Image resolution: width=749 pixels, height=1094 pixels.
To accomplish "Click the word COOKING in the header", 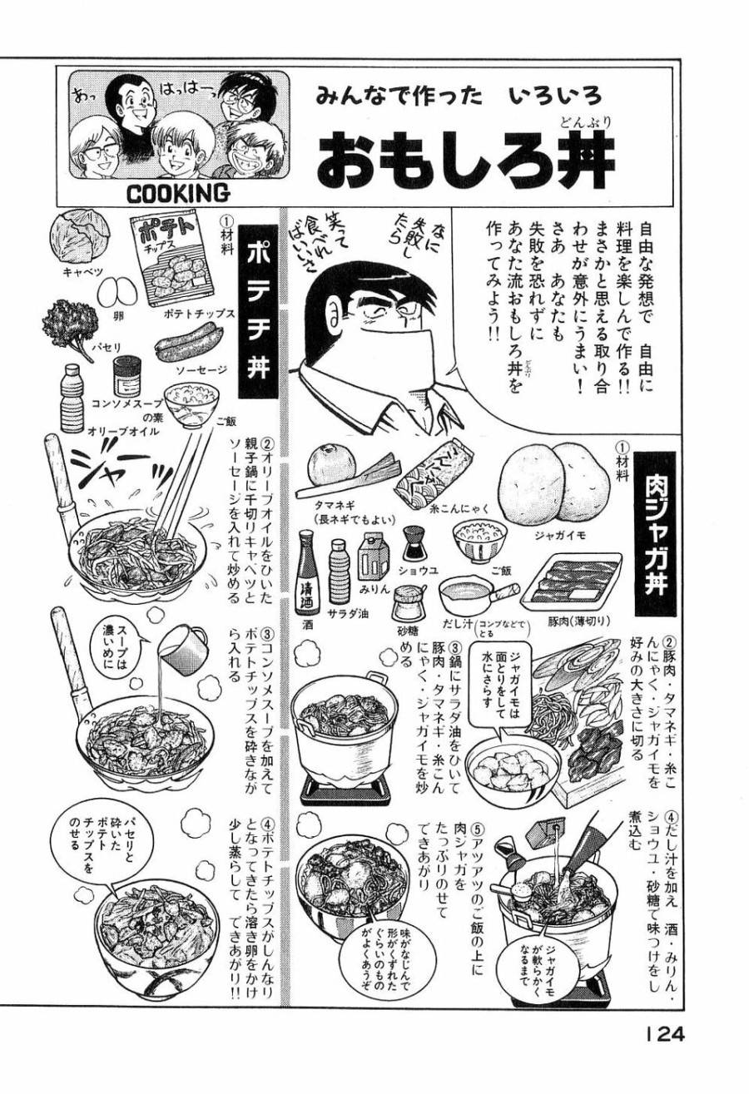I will click(x=177, y=193).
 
